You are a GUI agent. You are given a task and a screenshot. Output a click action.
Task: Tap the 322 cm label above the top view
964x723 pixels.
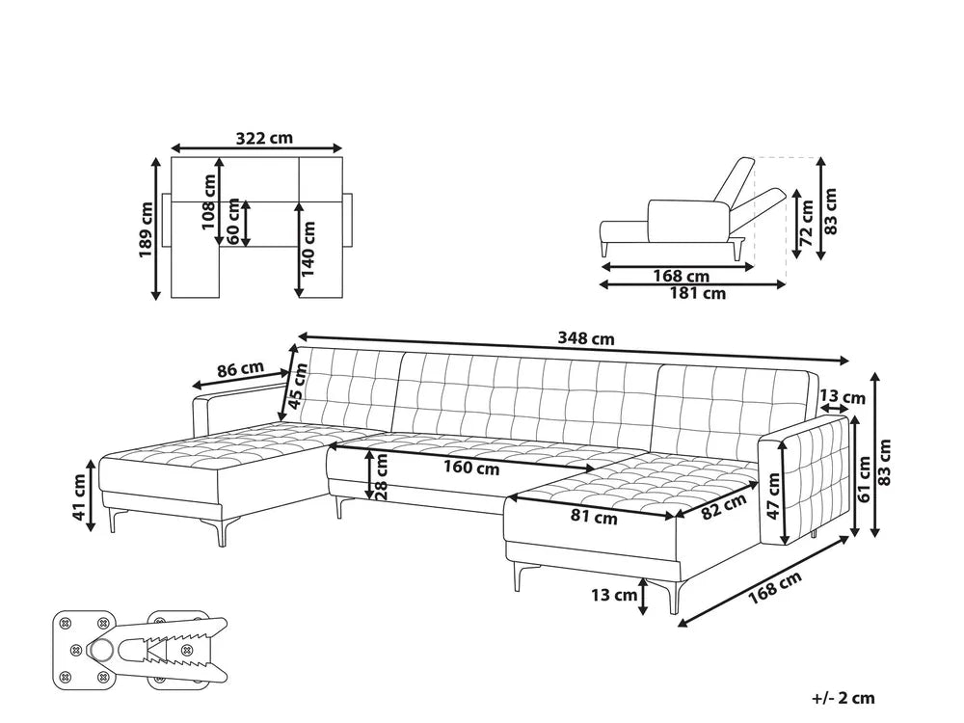(x=264, y=137)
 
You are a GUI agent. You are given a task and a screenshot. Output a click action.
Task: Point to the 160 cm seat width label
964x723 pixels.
(x=472, y=469)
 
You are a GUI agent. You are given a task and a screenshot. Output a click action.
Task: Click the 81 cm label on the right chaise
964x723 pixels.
(x=593, y=518)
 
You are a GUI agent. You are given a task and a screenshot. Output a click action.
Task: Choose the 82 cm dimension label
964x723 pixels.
(x=723, y=507)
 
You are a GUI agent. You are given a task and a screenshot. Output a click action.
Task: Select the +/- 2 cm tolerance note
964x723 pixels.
(x=843, y=698)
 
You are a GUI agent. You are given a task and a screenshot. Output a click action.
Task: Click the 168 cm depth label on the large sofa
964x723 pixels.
(x=776, y=585)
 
